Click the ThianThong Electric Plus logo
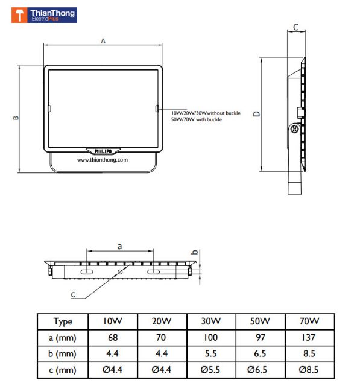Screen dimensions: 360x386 point(44,15)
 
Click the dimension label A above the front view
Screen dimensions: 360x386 point(103,41)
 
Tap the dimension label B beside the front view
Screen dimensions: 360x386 point(16,118)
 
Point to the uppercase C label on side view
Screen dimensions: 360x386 point(295,27)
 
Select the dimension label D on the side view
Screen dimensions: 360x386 point(257,114)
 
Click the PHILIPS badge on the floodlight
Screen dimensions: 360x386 point(103,151)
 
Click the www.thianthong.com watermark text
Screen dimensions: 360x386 point(103,160)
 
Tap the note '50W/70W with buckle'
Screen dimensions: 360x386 point(197,119)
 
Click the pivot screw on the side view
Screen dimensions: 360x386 point(294,128)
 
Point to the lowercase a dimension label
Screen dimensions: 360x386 point(119,246)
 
